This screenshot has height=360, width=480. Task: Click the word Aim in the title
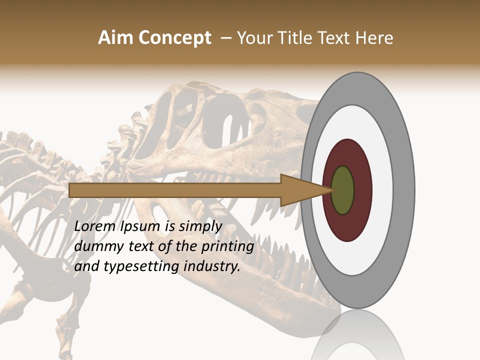(x=115, y=38)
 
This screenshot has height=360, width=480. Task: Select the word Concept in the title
(x=174, y=38)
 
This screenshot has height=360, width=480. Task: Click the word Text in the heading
(x=335, y=38)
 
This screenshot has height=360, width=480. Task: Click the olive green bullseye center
(x=342, y=190)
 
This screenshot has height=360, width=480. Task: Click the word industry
(x=212, y=267)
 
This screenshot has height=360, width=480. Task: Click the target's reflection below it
(x=357, y=335)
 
